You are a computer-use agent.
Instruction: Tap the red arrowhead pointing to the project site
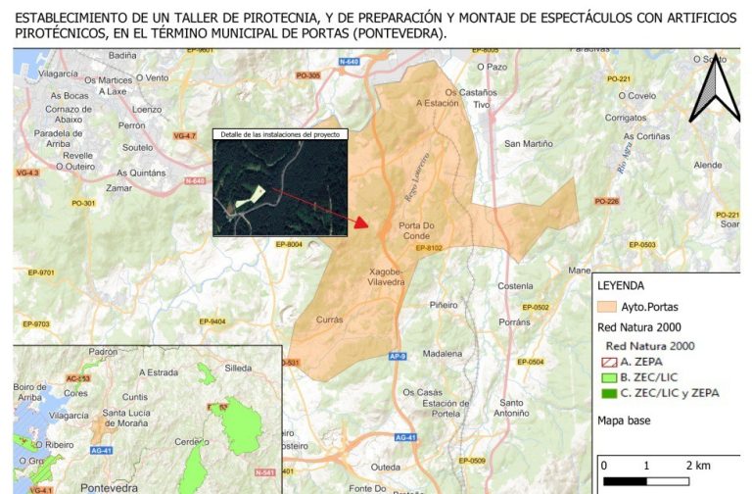click(360, 222)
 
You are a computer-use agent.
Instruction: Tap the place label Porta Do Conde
click(423, 231)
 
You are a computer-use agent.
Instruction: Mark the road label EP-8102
click(430, 248)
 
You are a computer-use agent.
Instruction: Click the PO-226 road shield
click(607, 202)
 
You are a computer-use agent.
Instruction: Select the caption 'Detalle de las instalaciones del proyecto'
click(280, 133)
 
